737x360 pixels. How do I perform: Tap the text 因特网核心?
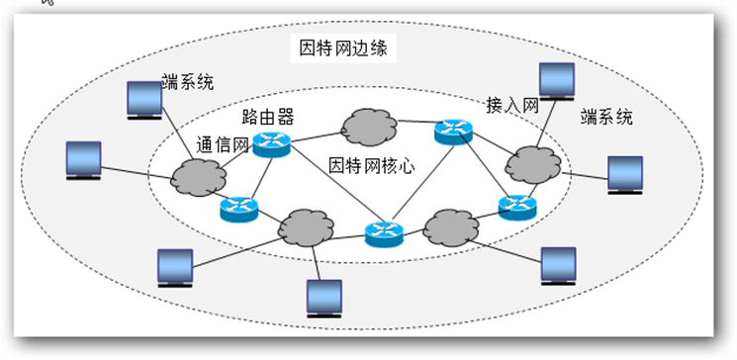pos(371,165)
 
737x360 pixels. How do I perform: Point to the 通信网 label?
pos(224,144)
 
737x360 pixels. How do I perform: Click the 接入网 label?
pos(511,105)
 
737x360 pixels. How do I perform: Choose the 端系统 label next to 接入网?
pos(606,118)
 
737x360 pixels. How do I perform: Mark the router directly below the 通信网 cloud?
pos(238,208)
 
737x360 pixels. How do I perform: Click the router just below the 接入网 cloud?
pos(516,206)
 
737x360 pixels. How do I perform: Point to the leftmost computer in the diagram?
pos(83,161)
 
